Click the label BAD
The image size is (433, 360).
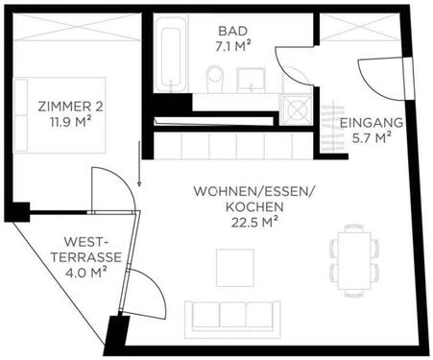pyautogui.click(x=230, y=30)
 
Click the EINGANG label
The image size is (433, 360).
pyautogui.click(x=371, y=125)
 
